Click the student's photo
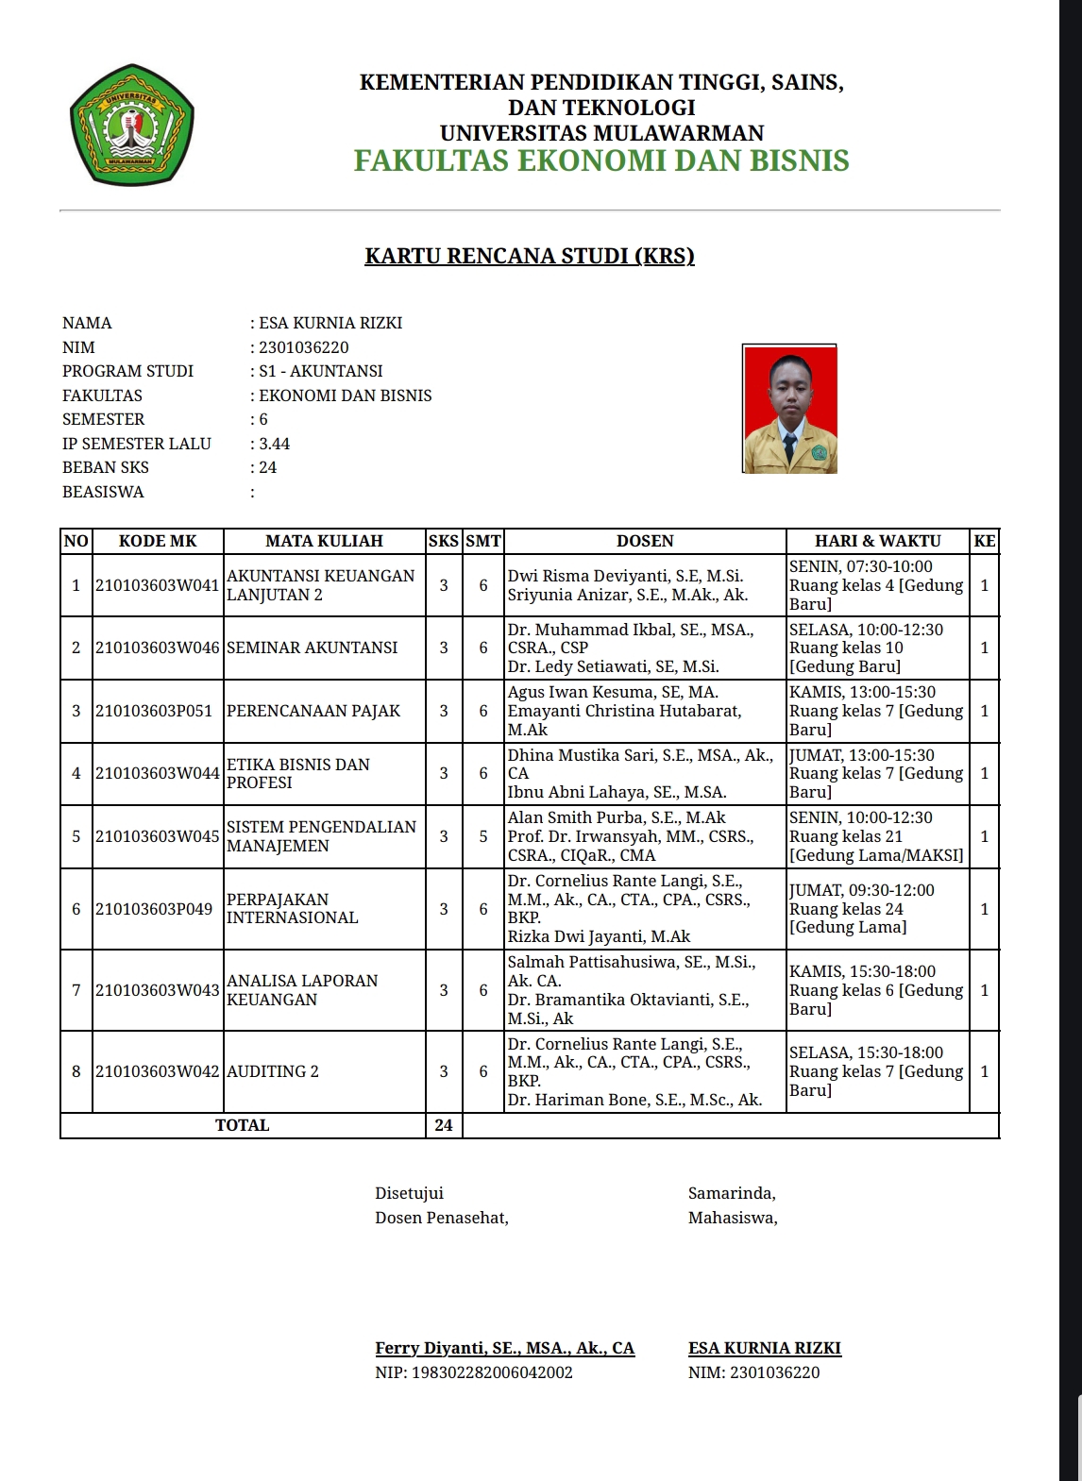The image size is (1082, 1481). pos(790,409)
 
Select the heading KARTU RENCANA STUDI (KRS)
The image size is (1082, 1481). pos(530,256)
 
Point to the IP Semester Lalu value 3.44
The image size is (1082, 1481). pos(275,444)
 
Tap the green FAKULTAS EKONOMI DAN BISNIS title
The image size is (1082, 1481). pos(601,160)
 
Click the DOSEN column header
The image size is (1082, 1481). pos(645,541)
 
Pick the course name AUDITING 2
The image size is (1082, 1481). pos(273,1071)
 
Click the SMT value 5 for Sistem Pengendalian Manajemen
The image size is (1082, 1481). pos(482,836)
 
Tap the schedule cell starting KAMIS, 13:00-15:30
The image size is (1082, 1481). pos(876,711)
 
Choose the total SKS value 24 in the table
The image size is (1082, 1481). pos(444,1125)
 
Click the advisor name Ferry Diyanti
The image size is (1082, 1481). pos(504,1348)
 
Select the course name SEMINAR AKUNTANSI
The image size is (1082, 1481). pos(313,648)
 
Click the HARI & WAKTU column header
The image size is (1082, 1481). pos(877,541)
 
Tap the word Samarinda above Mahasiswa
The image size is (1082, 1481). pos(732,1193)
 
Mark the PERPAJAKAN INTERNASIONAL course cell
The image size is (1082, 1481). pos(293,909)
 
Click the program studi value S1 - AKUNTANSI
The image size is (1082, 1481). pos(321,371)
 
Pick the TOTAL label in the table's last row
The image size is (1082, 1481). pos(243,1125)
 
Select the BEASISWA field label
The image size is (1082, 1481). pos(103,492)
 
